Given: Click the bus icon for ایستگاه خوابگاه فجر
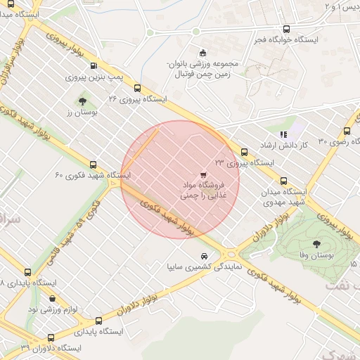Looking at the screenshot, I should [x=285, y=29].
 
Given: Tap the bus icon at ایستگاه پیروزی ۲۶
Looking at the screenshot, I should [x=137, y=89].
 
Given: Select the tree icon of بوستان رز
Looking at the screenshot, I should [x=83, y=101].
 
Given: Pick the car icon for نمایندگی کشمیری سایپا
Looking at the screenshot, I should [x=204, y=256].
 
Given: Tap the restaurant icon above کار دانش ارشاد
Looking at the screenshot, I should [x=283, y=134].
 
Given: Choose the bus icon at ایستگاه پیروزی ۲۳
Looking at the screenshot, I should [x=244, y=152].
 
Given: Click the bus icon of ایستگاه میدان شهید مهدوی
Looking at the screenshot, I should [x=283, y=181].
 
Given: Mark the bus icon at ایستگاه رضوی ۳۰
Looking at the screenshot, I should [x=347, y=131].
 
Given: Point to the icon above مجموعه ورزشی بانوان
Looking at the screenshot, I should [x=203, y=52].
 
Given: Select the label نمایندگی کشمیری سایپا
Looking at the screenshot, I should [x=203, y=267].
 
